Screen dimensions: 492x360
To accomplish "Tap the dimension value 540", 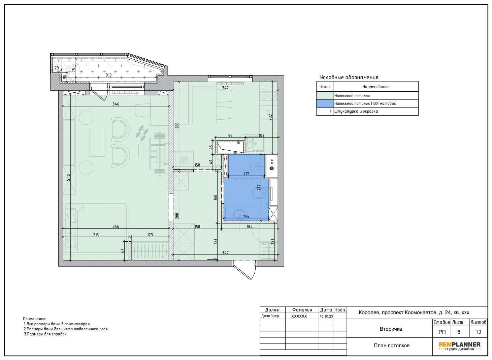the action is (x=68, y=177).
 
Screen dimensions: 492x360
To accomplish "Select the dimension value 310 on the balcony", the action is (x=108, y=75).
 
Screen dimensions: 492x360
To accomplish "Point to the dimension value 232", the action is (x=270, y=117).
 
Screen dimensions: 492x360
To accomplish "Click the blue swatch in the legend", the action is (x=325, y=103).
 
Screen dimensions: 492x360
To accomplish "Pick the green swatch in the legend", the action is (x=325, y=95).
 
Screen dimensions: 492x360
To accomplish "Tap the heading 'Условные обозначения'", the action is (x=349, y=77).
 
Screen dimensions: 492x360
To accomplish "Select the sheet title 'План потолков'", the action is (x=392, y=346).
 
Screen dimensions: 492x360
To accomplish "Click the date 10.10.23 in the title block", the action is (x=326, y=317).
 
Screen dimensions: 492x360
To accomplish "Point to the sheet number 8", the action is (x=459, y=332).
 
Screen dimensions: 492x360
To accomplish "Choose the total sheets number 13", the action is (x=479, y=332).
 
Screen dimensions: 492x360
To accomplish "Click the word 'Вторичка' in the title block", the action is (x=391, y=329).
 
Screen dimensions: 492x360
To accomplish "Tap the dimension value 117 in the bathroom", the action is (x=246, y=174).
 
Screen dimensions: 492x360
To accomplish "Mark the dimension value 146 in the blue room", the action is (x=246, y=216).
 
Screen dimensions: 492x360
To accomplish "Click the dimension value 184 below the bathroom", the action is (x=250, y=227).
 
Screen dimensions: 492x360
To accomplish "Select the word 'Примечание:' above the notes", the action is (x=35, y=319).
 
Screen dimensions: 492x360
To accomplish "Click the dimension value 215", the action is (x=96, y=235).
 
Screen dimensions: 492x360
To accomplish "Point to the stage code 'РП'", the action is (x=442, y=332).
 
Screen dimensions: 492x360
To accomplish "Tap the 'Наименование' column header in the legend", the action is (x=376, y=87).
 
